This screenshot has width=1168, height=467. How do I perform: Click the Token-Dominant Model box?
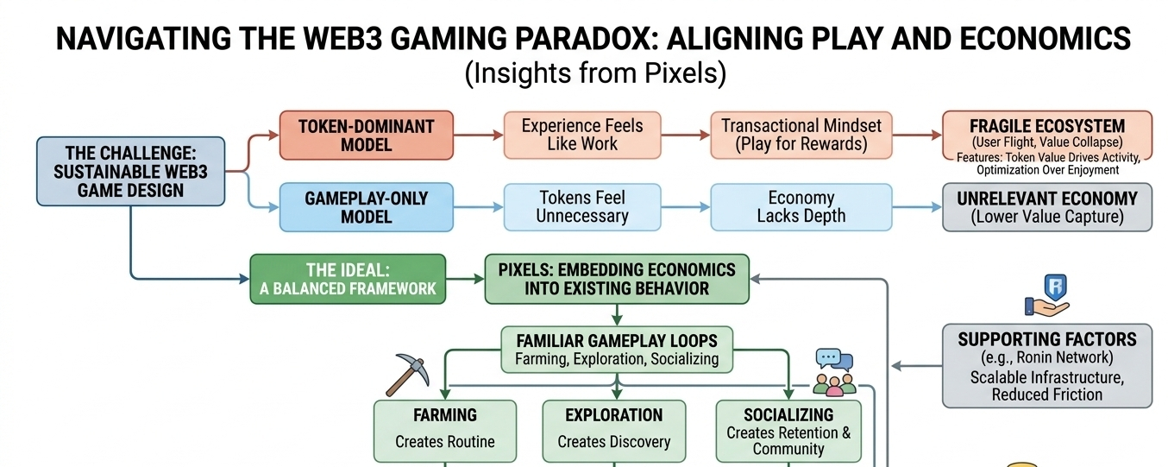click(x=366, y=135)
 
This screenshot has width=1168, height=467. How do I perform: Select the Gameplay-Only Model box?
click(x=366, y=207)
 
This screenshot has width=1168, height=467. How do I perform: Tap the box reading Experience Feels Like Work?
click(x=581, y=135)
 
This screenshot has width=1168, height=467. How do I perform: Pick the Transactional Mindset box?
click(x=801, y=135)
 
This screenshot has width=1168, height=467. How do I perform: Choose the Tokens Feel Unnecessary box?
click(x=581, y=207)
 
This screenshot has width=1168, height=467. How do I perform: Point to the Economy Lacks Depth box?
click(x=801, y=207)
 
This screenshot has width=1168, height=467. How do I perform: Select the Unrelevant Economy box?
click(x=1046, y=207)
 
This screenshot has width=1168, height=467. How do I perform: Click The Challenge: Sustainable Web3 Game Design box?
click(x=130, y=171)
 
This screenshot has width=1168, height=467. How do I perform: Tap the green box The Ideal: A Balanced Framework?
click(x=348, y=279)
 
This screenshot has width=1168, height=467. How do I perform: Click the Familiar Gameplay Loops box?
click(x=616, y=349)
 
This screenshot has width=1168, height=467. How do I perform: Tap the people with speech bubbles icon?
click(x=833, y=372)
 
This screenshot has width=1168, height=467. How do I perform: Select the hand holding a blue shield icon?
click(x=1047, y=296)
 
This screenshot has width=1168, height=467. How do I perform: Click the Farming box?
click(x=444, y=429)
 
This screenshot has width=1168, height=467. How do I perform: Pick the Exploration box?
click(x=613, y=429)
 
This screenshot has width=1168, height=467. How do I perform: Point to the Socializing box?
click(x=788, y=431)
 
